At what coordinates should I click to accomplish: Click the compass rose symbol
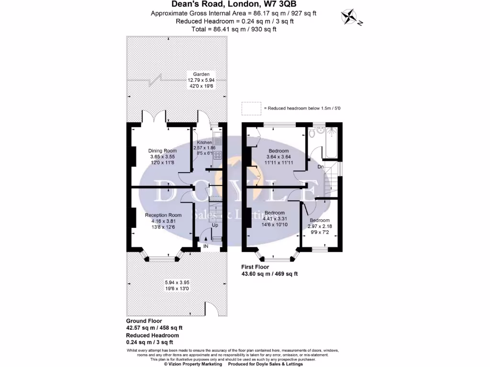click(x=352, y=17)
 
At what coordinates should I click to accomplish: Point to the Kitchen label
click(x=204, y=142)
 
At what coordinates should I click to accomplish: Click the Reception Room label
click(x=163, y=215)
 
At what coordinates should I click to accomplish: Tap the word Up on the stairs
click(x=215, y=225)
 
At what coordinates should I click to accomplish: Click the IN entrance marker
click(x=206, y=246)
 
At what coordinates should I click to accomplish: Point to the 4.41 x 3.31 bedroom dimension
click(x=275, y=218)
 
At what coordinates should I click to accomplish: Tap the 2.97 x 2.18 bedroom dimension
click(x=319, y=226)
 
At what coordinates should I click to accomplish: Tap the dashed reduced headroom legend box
click(x=251, y=108)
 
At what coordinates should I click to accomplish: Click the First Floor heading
click(x=255, y=267)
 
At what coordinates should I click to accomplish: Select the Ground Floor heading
click(x=144, y=321)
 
